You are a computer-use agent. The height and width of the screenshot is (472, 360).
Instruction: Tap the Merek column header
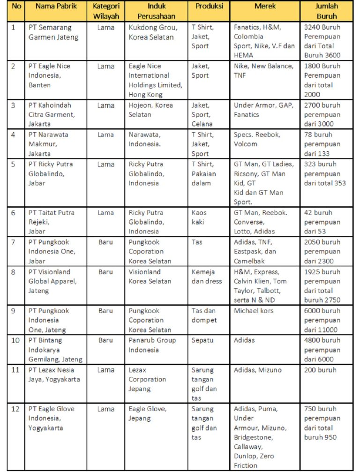[265, 7]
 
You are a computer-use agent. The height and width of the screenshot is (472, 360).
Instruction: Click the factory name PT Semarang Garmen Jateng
[53, 32]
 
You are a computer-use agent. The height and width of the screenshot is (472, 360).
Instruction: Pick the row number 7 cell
[13, 242]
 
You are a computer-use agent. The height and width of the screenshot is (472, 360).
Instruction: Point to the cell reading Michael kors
[254, 311]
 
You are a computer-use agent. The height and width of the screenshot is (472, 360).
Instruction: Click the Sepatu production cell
[202, 340]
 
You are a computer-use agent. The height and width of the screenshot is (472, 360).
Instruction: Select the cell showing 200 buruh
[320, 370]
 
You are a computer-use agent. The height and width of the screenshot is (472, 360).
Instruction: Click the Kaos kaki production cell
[199, 217]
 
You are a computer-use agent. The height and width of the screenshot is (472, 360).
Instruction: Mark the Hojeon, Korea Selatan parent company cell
[150, 110]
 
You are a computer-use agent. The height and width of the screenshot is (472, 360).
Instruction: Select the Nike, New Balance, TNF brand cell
[263, 70]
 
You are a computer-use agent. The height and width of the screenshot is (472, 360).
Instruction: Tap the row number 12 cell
[15, 409]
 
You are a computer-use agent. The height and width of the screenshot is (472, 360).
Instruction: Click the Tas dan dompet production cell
[204, 315]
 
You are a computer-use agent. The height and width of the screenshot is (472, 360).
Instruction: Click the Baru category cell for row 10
[105, 340]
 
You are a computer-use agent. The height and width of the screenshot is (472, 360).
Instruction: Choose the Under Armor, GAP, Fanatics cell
[263, 110]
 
